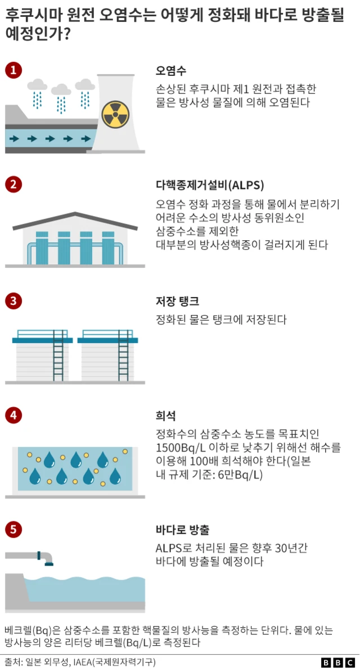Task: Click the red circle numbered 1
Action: click(x=13, y=70)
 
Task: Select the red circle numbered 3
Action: click(x=13, y=301)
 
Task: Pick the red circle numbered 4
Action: click(x=13, y=416)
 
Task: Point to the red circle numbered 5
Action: click(x=13, y=530)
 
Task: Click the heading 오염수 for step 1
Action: click(x=171, y=71)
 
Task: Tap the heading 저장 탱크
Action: click(x=177, y=301)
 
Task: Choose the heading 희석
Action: click(x=165, y=416)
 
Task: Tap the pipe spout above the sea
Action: click(x=48, y=558)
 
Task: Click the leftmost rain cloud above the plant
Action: click(x=38, y=85)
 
